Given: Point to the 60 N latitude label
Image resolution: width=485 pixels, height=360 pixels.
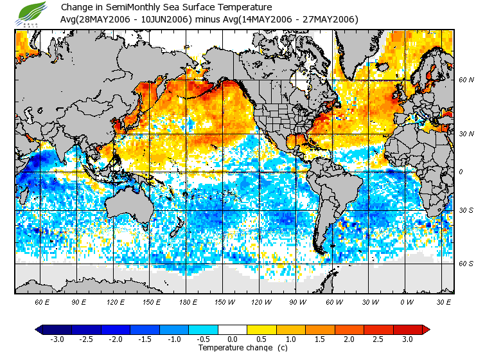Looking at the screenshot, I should pyautogui.click(x=466, y=80).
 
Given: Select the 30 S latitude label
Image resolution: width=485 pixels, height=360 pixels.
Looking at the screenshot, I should pyautogui.click(x=466, y=210).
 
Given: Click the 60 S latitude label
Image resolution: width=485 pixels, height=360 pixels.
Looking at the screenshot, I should pyautogui.click(x=466, y=264).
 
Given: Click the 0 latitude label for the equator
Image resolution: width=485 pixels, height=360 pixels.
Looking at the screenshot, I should pyautogui.click(x=461, y=172).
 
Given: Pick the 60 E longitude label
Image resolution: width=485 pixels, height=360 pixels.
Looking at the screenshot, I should pyautogui.click(x=42, y=301).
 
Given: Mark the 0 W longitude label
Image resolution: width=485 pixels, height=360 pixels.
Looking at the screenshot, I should pyautogui.click(x=407, y=301).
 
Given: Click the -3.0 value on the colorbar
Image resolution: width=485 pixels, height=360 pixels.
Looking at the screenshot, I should pyautogui.click(x=57, y=339).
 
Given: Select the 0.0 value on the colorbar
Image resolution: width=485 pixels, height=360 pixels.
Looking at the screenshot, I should pyautogui.click(x=233, y=339).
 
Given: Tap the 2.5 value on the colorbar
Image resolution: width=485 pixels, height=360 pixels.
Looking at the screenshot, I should pyautogui.click(x=378, y=339).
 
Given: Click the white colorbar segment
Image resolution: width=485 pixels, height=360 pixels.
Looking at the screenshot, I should pyautogui.click(x=233, y=329).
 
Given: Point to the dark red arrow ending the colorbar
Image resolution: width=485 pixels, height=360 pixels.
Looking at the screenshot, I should pyautogui.click(x=425, y=329).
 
